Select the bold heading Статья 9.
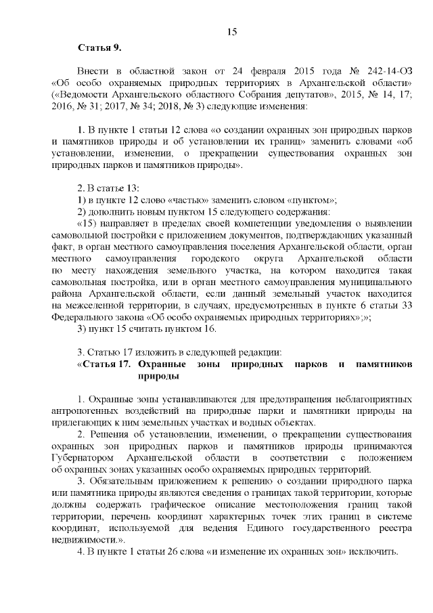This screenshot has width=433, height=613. point(99,47)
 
